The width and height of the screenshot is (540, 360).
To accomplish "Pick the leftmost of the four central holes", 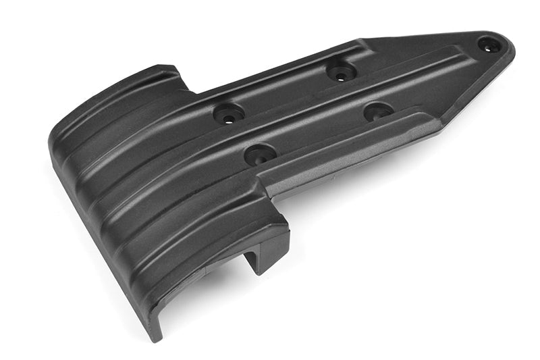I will (x=230, y=113).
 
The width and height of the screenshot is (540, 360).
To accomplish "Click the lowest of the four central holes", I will (x=260, y=155).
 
